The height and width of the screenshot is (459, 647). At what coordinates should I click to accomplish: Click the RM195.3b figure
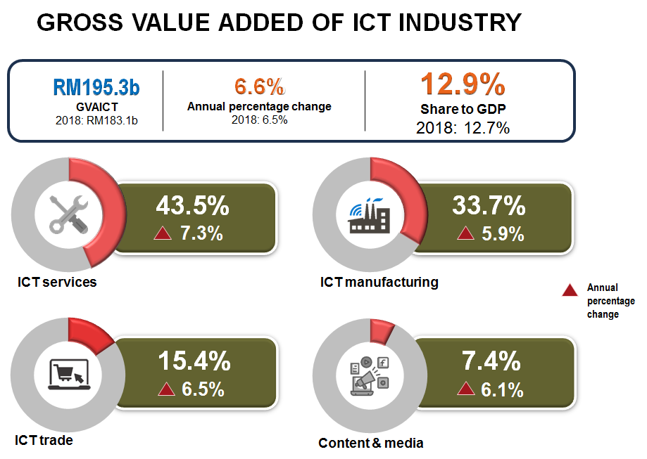point(96,87)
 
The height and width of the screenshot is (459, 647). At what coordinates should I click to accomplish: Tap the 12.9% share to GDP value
point(463,84)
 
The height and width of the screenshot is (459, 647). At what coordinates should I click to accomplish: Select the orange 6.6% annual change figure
point(259,87)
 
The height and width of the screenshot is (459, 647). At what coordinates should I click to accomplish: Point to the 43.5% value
point(192,206)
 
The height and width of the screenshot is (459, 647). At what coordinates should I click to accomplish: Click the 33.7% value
point(489,206)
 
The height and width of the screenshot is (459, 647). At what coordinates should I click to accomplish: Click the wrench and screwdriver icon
point(68,214)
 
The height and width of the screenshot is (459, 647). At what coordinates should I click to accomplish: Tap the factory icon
point(368,215)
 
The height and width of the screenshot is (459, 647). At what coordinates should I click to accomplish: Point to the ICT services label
point(57,283)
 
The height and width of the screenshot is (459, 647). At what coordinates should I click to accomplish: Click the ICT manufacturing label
point(379,283)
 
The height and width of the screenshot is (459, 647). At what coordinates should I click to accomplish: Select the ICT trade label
point(44,441)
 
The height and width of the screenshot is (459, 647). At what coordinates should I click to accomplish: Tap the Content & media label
point(371,443)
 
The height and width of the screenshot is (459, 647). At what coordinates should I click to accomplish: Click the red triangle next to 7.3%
point(163,234)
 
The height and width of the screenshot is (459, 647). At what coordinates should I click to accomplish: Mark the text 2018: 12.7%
point(463,128)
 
